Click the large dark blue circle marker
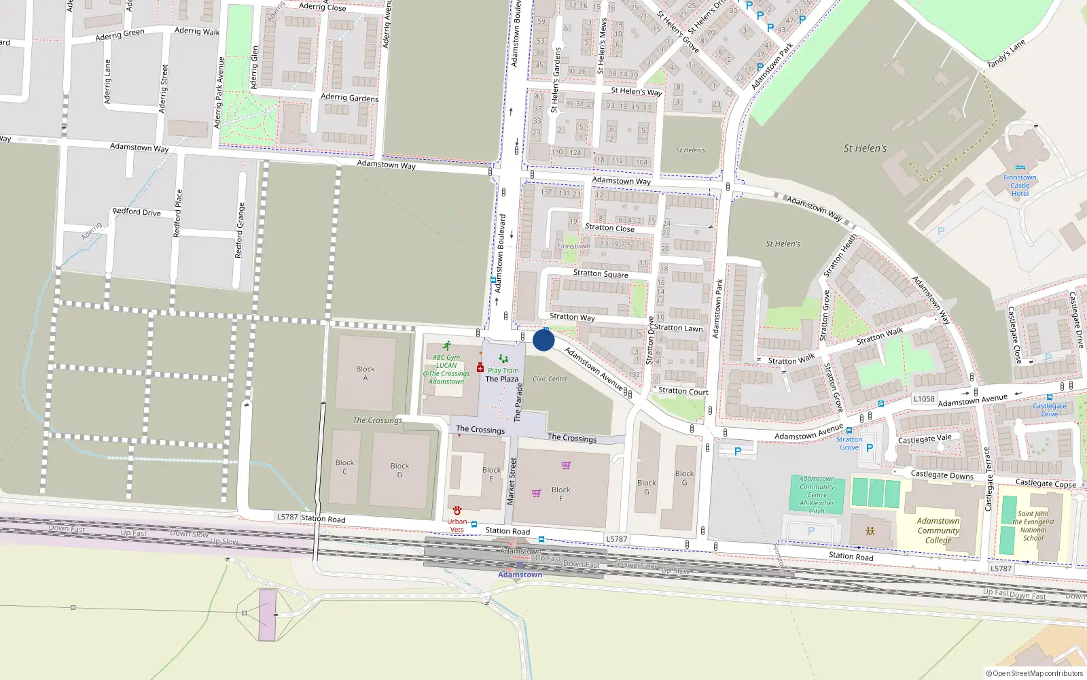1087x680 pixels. tap(543, 340)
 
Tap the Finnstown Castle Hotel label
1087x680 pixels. tap(1020, 185)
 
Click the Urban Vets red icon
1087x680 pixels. tap(457, 510)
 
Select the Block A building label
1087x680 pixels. tap(366, 373)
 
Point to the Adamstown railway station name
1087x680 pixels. tap(520, 575)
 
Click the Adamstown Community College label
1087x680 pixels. tap(938, 530)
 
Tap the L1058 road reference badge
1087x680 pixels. tap(924, 399)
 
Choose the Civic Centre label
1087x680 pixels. tap(550, 379)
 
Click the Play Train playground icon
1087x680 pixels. tap(503, 359)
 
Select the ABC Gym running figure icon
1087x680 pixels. tap(446, 346)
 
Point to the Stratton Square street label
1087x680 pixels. tap(601, 274)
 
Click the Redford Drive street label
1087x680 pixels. tap(137, 211)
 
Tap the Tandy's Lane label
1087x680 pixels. tap(1005, 54)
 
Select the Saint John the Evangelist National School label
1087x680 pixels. tap(1033, 526)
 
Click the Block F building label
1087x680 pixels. tap(561, 494)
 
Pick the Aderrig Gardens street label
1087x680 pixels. tap(349, 98)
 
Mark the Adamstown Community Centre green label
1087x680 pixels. tap(817, 494)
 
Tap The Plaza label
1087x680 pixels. tap(501, 379)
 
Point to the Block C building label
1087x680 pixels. tap(344, 467)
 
